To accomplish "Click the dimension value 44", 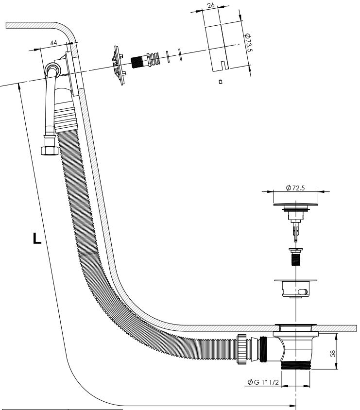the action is click(53, 43).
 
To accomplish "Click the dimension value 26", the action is click(210, 5).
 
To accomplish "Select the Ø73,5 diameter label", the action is click(248, 42).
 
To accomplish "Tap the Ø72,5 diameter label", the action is click(295, 188).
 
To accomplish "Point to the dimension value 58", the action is click(332, 354).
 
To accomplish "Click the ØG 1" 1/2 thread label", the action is click(263, 382).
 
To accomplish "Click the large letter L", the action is click(37, 238).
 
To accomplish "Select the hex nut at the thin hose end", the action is click(50, 151).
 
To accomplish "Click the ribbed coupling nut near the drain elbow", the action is click(242, 349).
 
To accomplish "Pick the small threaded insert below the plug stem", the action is click(296, 257).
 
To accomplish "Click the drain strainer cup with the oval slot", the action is click(296, 289).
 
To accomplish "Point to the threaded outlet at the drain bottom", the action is click(295, 365).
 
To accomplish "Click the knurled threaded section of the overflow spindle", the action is click(137, 62).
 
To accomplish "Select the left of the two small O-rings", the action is click(168, 57).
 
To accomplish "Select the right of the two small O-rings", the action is click(180, 54).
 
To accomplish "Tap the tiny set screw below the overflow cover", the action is click(221, 82).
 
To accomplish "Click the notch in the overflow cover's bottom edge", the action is click(223, 65).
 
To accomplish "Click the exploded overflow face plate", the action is click(119, 66).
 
